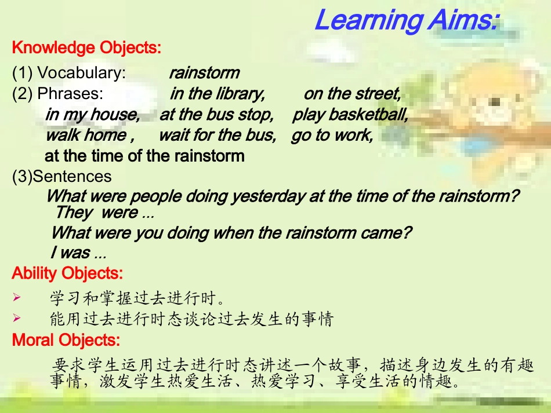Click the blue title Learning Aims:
406,21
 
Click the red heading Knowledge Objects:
86,47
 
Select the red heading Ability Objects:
67,273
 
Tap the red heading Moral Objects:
66,339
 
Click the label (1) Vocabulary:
69,73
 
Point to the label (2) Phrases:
58,94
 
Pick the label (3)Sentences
62,176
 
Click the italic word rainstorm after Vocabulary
204,73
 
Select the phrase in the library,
217,94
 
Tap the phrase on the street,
352,94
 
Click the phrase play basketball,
350,115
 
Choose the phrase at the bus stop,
216,115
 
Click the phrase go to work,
332,136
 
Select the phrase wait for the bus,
217,136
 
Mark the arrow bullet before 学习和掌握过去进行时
17,298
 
